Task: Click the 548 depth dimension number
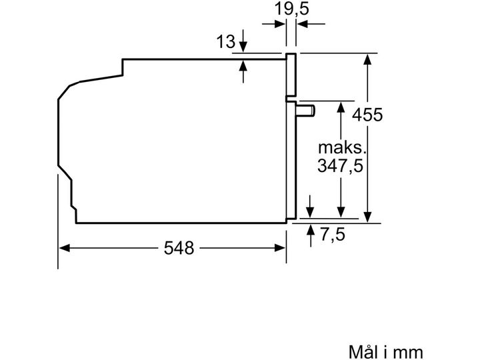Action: coord(179,247)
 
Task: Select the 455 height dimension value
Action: coord(367,115)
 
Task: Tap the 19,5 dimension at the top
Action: coord(291,9)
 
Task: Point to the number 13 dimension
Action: coord(225,41)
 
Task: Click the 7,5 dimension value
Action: coord(333,234)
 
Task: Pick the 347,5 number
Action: coord(340,166)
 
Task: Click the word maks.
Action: coord(342,148)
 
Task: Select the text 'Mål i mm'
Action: coord(386,352)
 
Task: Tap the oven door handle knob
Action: coord(305,111)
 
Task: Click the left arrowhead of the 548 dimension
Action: coord(64,248)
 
